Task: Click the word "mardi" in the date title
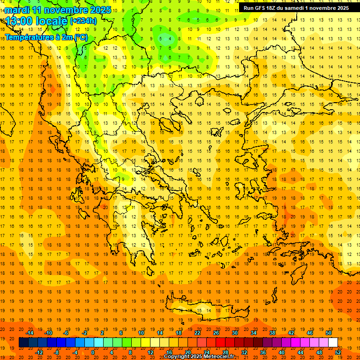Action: pos(17,10)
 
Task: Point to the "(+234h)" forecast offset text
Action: pos(83,21)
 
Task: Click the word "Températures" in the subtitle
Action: pos(28,37)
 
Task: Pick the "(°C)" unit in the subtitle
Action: pos(81,37)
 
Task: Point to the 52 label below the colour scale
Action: pos(338,352)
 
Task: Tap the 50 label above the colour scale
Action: pos(329,333)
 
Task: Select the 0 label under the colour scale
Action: pos(93,352)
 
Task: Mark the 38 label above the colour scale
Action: pos(272,333)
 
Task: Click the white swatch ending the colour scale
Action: pos(333,343)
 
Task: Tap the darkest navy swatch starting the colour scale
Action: pos(23,343)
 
